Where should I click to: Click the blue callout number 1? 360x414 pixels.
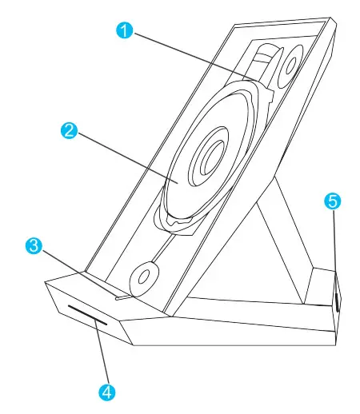point(122,31)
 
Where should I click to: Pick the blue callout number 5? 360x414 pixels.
point(332,201)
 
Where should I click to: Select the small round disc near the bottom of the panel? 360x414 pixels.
point(144,277)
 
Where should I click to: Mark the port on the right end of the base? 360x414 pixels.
point(337,301)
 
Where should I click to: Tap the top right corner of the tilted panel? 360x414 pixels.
point(330,18)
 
